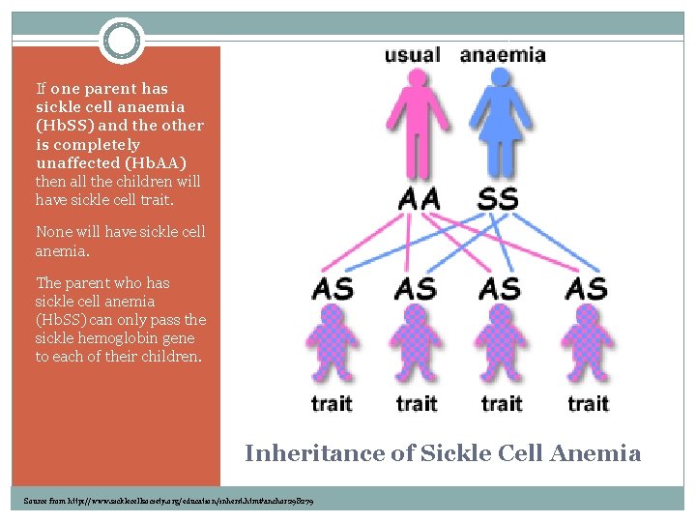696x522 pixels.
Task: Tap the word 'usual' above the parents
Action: point(412,55)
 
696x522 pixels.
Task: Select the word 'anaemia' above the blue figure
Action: point(503,55)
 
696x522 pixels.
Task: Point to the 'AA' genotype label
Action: point(419,200)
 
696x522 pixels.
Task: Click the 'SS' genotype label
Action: point(498,200)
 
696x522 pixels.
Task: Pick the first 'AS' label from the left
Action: point(333,288)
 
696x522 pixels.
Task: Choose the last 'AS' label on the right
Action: point(587,288)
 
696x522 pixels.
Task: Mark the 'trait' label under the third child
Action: point(502,402)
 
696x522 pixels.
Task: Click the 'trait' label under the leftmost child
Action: point(332,402)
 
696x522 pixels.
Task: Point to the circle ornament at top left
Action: point(121,41)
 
